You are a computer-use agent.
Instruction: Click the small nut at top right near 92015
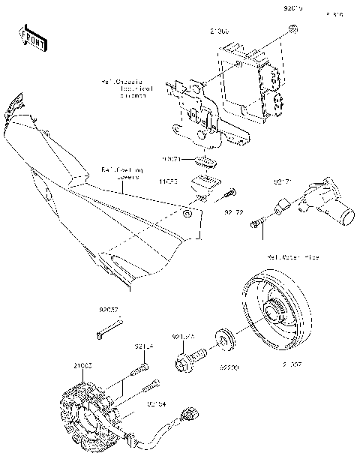pyautogui.click(x=294, y=29)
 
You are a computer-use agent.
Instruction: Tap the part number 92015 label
pyautogui.click(x=292, y=9)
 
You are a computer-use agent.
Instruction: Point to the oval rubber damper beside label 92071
pyautogui.click(x=205, y=161)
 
